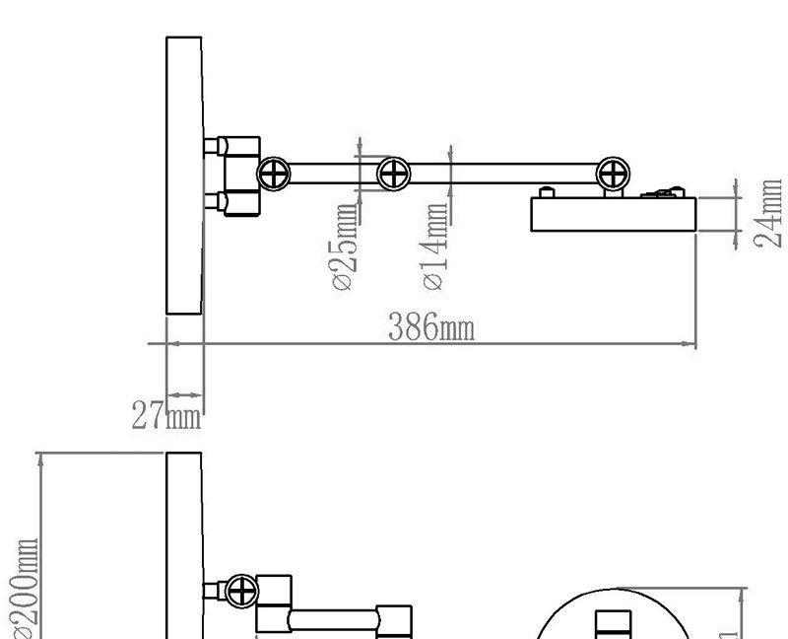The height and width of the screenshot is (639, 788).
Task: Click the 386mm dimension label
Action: [x=430, y=327]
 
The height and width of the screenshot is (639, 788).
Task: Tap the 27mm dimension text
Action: [x=166, y=416]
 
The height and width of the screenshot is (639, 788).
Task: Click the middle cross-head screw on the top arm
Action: [x=394, y=175]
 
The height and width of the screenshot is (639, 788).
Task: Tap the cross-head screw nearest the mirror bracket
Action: [x=273, y=175]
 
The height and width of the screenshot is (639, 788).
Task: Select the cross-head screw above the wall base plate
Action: [x=613, y=175]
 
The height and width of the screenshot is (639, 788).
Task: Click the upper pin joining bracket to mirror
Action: [x=213, y=147]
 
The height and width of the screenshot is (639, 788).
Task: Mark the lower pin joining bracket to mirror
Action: [x=213, y=203]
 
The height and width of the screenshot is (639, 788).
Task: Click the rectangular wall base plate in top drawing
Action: [x=613, y=215]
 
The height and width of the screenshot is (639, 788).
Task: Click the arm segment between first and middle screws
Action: [x=333, y=175]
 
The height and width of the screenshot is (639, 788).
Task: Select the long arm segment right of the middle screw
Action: [x=502, y=175]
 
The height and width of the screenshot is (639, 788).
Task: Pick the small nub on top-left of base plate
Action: [x=543, y=193]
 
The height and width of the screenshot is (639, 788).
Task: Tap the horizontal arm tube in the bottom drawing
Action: [x=335, y=621]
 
